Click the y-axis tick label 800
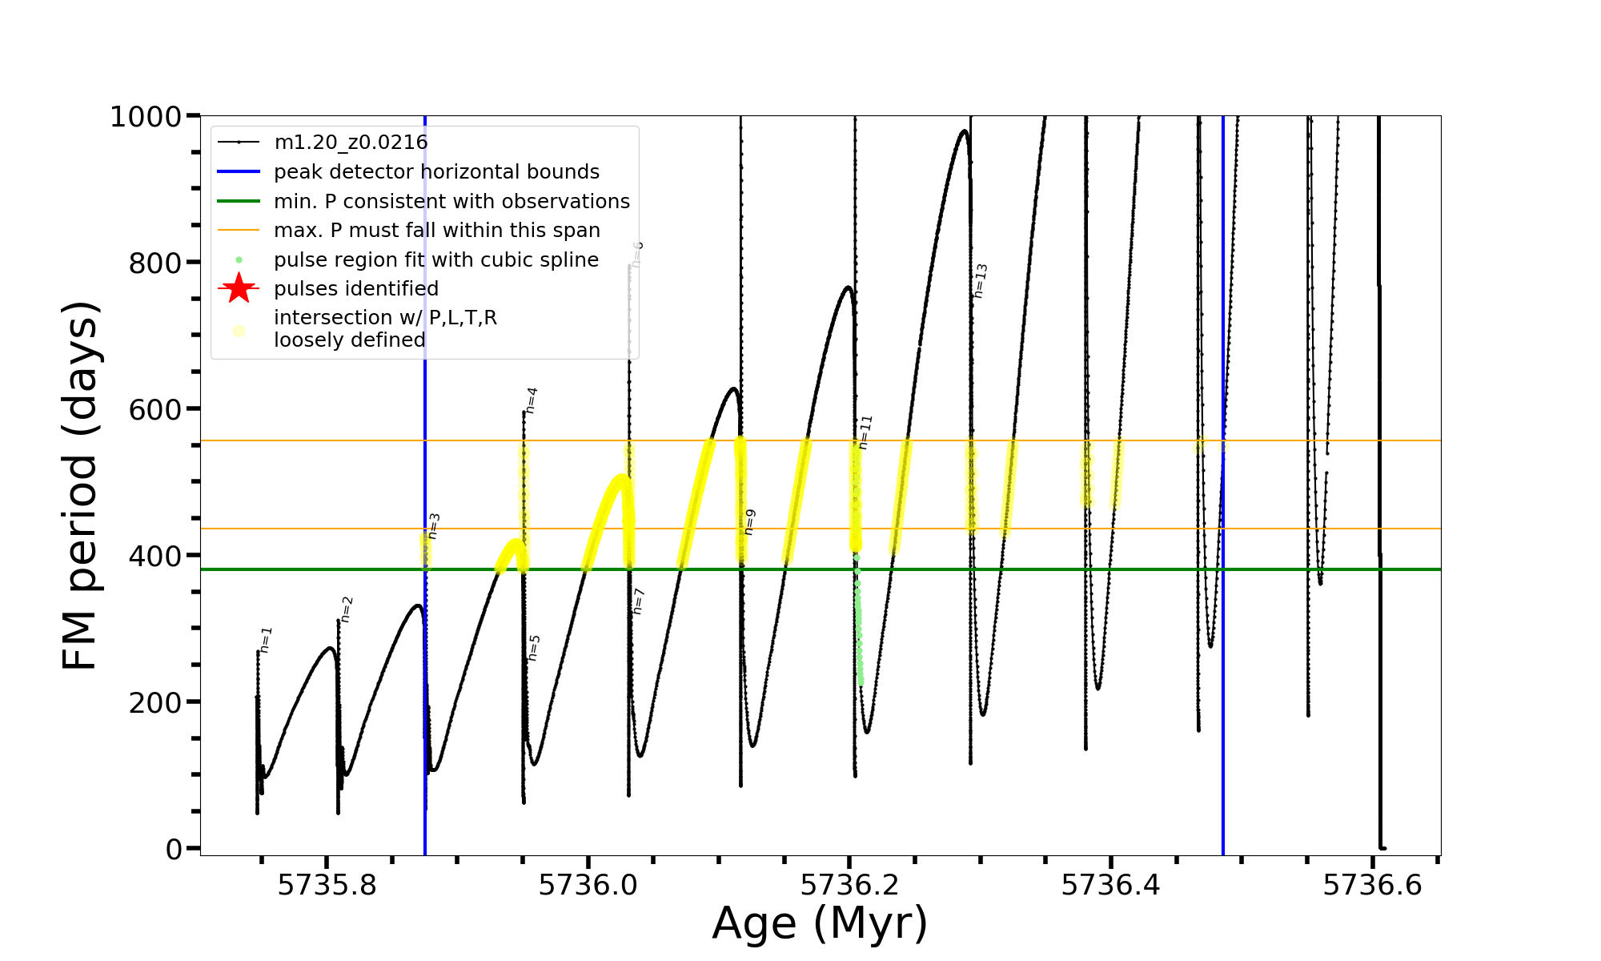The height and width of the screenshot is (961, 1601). click(155, 263)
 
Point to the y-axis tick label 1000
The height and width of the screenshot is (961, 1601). click(146, 117)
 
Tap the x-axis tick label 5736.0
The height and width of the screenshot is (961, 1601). click(588, 885)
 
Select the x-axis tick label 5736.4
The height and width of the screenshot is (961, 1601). click(1110, 885)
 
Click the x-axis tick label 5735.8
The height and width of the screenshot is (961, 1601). click(327, 885)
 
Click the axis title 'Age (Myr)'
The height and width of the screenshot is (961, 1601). click(820, 923)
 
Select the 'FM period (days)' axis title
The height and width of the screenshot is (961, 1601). click(81, 485)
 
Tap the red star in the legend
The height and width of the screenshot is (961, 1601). click(239, 288)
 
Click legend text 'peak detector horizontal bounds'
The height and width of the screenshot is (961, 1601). click(436, 172)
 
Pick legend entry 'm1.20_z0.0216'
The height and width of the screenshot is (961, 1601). click(351, 143)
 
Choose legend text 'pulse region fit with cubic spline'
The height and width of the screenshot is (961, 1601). click(435, 260)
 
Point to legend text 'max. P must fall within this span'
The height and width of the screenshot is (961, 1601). click(436, 231)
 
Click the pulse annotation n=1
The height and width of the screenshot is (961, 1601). click(267, 640)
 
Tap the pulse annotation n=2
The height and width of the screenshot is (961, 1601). click(347, 609)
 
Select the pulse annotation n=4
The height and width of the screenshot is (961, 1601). click(532, 400)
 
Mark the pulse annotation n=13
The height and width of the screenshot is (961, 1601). click(981, 281)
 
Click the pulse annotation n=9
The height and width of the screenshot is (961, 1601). click(749, 522)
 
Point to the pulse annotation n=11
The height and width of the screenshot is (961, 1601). click(865, 432)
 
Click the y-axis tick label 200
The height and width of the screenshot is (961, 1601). click(155, 702)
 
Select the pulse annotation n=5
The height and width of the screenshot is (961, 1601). click(534, 648)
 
